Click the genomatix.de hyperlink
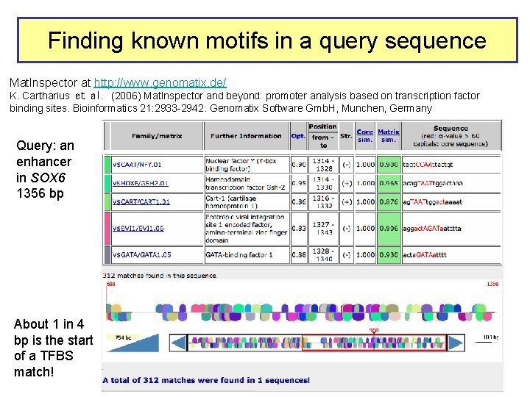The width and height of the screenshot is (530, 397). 160,82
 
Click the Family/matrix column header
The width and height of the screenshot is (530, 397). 155,136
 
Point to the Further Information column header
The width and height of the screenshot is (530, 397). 246,136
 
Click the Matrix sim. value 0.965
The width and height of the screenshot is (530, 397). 388,182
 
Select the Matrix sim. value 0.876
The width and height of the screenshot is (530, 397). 388,201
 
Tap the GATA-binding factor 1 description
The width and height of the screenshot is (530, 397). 239,254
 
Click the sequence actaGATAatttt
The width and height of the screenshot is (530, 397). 425,254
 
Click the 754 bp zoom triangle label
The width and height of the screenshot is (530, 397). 123,337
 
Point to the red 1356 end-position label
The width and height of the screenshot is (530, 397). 494,284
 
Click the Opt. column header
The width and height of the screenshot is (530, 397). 298,136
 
